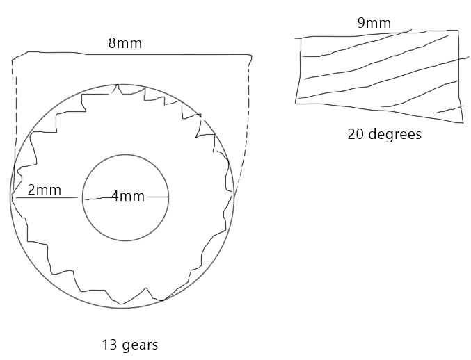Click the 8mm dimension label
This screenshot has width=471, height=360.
(x=125, y=43)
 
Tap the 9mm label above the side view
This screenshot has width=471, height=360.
(x=374, y=23)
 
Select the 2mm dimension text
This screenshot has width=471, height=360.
(x=44, y=190)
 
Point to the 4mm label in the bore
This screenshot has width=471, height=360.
(x=127, y=196)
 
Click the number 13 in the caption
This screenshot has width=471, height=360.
(x=110, y=345)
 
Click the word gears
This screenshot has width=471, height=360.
(x=141, y=345)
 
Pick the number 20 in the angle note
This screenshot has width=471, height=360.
(x=356, y=134)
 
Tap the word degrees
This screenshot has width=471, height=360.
(x=394, y=134)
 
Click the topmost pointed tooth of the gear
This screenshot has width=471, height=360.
(x=117, y=85)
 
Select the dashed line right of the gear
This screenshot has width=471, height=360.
(x=248, y=126)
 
